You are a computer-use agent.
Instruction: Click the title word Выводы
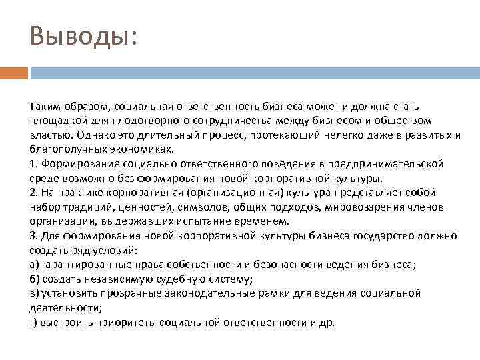81,35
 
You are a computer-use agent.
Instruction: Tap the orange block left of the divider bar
14,71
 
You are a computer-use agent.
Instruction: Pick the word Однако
93,134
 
